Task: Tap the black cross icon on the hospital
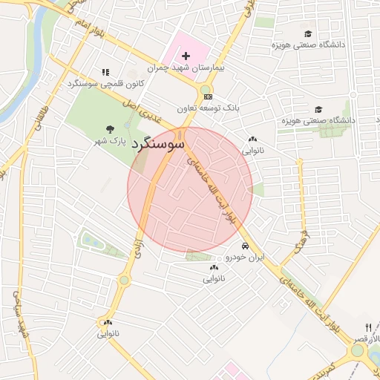point(186,56)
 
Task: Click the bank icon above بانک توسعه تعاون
point(208,96)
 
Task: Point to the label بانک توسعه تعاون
point(212,108)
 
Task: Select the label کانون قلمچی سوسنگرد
point(105,84)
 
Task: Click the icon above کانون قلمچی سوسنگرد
point(105,73)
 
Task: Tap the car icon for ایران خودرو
point(244,246)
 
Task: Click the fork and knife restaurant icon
point(369,327)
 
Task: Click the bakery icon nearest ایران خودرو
point(214,267)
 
